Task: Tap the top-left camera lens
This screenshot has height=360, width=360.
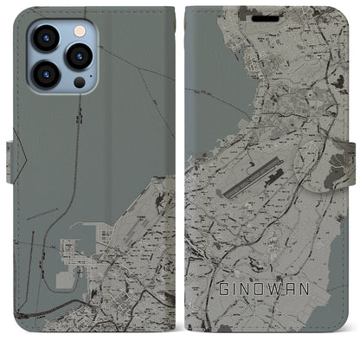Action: (45, 38)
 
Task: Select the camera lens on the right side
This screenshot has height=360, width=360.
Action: (79, 56)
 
